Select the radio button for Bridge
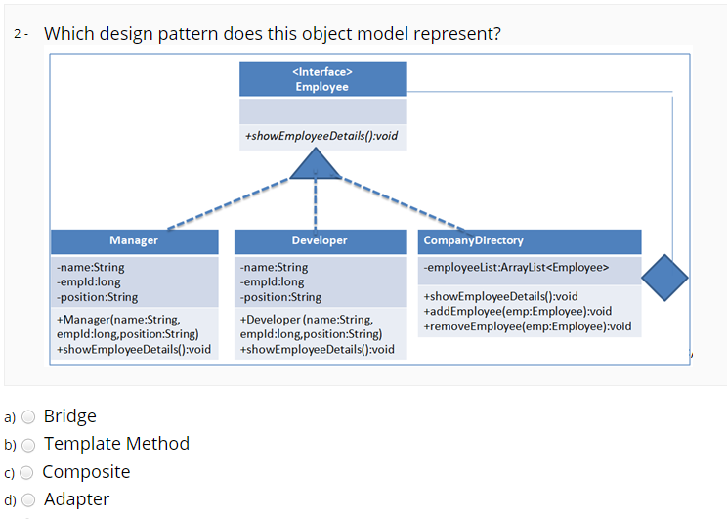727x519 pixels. [x=28, y=416]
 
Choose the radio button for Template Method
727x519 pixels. [x=28, y=445]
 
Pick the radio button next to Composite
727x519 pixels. [x=28, y=473]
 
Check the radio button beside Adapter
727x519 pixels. [x=28, y=500]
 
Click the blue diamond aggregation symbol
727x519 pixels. [x=664, y=278]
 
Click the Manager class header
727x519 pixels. [x=134, y=240]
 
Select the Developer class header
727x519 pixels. [x=320, y=240]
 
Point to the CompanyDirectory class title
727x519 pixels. [x=473, y=240]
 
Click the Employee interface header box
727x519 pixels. [x=322, y=79]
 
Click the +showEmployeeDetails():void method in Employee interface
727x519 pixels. [x=321, y=136]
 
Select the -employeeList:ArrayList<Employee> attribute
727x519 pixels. [x=516, y=267]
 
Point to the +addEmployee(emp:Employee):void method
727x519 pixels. [x=517, y=311]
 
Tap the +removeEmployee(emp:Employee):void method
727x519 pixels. [x=527, y=325]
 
